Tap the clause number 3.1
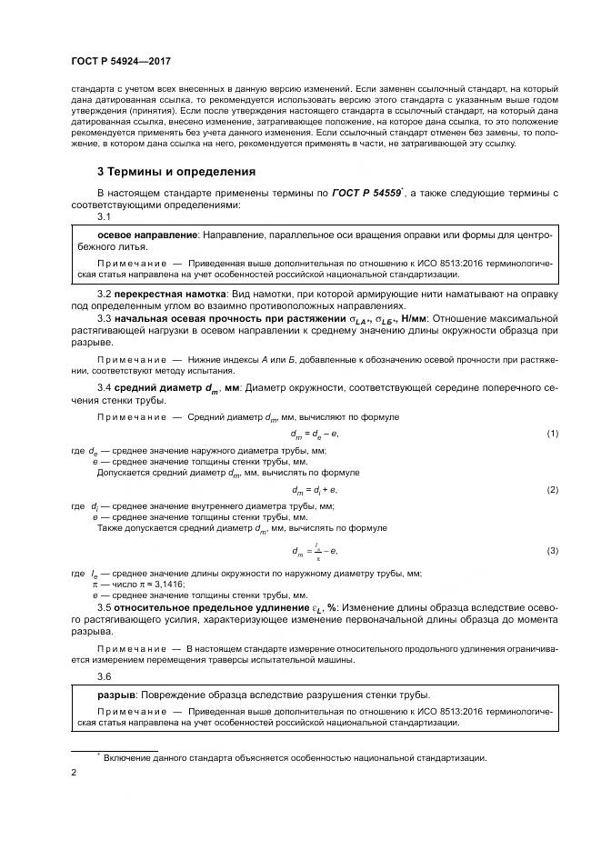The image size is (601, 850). [x=104, y=218]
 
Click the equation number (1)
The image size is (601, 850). [x=552, y=435]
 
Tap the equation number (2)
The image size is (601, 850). [x=552, y=489]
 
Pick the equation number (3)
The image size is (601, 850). [x=552, y=551]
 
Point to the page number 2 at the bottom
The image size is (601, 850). [x=73, y=773]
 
